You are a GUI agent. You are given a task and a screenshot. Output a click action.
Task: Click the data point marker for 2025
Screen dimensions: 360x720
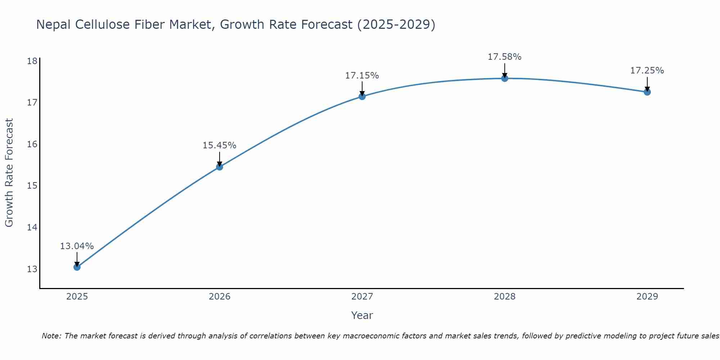(x=77, y=267)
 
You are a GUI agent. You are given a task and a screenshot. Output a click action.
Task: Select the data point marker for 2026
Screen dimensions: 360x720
(x=220, y=167)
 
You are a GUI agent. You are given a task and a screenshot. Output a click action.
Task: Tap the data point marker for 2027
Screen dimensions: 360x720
(x=362, y=96)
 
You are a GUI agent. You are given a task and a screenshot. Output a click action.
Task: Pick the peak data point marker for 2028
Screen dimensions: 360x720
(x=505, y=78)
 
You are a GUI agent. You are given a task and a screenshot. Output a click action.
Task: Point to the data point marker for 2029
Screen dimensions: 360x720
(x=647, y=92)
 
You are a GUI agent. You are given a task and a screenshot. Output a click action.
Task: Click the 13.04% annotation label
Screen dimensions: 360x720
(x=77, y=246)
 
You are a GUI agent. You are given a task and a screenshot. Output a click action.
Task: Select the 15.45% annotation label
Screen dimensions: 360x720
(x=219, y=145)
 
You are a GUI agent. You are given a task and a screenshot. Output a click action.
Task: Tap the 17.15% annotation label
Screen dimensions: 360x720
(x=362, y=76)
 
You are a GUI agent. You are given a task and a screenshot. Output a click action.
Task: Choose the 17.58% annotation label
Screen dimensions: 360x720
(x=504, y=57)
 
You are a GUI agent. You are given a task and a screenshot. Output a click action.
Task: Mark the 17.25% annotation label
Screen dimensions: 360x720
(x=647, y=71)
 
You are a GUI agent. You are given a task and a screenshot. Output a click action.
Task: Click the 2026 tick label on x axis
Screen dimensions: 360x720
(x=220, y=297)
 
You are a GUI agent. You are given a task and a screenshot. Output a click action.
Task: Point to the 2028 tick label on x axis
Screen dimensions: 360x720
(x=505, y=297)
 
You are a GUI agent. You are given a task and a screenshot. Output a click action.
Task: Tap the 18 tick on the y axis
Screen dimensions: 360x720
(x=32, y=61)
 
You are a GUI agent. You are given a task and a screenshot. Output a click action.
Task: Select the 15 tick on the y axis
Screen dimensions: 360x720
(x=32, y=186)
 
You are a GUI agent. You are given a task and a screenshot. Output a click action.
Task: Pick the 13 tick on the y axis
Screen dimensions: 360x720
(x=32, y=269)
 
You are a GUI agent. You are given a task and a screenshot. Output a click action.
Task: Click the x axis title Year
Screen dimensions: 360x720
(x=362, y=315)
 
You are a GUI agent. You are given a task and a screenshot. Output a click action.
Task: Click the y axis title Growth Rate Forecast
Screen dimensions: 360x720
(x=9, y=173)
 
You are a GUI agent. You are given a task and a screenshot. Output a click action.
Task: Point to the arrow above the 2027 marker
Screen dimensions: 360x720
(x=362, y=88)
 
